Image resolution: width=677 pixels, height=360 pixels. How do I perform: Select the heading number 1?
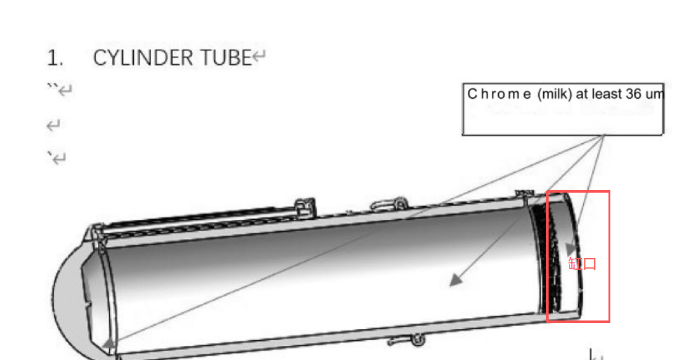click(55, 58)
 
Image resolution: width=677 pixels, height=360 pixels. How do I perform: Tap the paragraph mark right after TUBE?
click(260, 58)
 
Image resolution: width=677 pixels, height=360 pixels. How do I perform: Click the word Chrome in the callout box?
click(499, 94)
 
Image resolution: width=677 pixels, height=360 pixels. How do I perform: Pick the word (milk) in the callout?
click(554, 94)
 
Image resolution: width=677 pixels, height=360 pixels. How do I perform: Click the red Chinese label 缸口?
click(583, 264)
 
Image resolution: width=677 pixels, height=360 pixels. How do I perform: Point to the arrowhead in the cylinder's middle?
click(455, 280)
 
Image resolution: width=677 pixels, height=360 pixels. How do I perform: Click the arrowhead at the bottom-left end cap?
click(109, 343)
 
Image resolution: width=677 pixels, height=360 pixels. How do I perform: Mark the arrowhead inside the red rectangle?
click(570, 248)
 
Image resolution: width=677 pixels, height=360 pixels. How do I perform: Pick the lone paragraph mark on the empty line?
click(54, 126)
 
